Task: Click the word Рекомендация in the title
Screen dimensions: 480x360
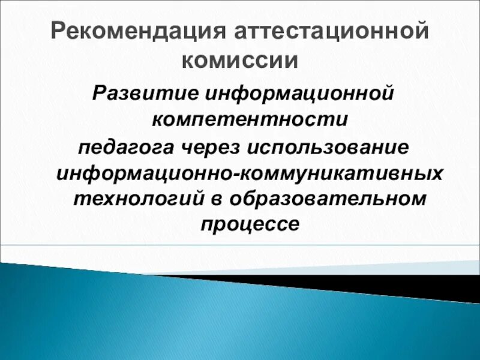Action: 138,32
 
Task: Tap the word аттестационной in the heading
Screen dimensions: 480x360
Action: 331,31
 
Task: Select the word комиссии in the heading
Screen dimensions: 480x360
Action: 240,61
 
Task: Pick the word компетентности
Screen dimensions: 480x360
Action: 250,119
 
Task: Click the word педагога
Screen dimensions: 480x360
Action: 126,148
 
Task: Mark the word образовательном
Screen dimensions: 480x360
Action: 328,199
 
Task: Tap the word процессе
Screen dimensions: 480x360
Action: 250,225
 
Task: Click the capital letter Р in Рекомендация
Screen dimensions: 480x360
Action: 58,31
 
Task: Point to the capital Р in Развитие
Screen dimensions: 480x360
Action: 101,93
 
